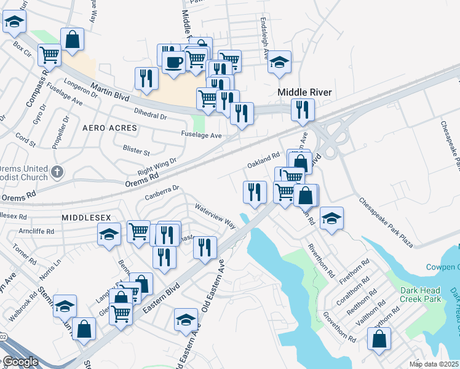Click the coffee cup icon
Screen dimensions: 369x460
pyautogui.click(x=174, y=61)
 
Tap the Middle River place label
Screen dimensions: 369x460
pyautogui.click(x=304, y=92)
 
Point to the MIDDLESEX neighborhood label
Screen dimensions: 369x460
pyautogui.click(x=85, y=218)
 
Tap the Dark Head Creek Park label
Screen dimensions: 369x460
pyautogui.click(x=421, y=294)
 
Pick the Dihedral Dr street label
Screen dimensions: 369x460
pyautogui.click(x=150, y=115)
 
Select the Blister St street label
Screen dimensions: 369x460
pyautogui.click(x=137, y=151)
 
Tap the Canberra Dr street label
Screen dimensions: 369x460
pyautogui.click(x=162, y=192)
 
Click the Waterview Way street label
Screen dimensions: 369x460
pyautogui.click(x=215, y=215)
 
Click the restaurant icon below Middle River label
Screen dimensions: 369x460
pyautogui.click(x=303, y=109)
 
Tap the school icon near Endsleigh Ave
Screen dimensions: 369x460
pyautogui.click(x=279, y=62)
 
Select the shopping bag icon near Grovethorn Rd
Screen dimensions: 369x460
pyautogui.click(x=379, y=339)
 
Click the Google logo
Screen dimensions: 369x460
pyautogui.click(x=20, y=362)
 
